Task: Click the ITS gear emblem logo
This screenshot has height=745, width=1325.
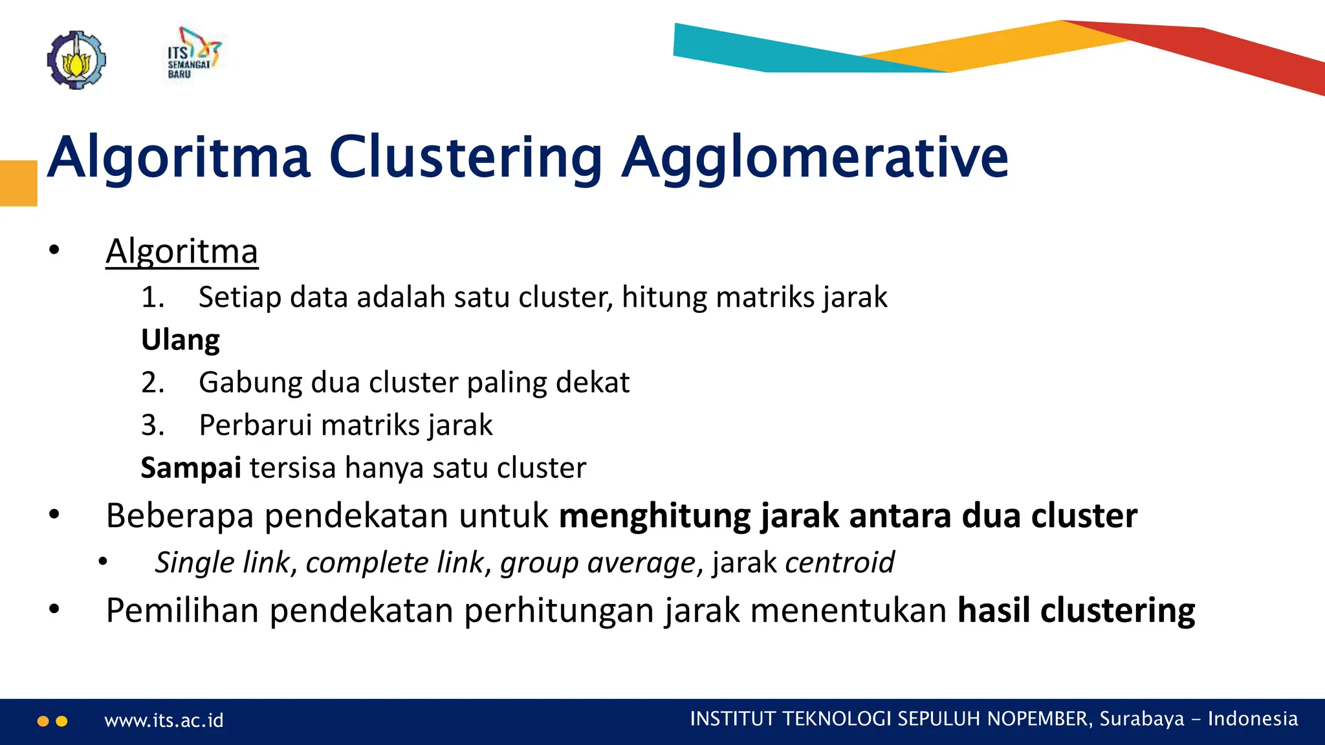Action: tap(76, 59)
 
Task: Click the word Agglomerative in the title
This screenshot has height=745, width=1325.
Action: tap(815, 157)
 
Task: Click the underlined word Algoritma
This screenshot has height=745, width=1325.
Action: tap(182, 252)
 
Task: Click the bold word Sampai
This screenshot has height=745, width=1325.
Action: tap(191, 468)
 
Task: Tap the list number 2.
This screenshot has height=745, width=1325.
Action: tap(152, 383)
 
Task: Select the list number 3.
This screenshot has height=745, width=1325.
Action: tap(152, 426)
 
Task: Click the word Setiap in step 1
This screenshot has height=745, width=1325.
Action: tap(239, 297)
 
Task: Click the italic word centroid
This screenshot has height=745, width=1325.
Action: tap(839, 563)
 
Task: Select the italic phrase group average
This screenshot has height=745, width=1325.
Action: tap(597, 563)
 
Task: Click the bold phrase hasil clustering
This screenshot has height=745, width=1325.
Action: tap(1076, 610)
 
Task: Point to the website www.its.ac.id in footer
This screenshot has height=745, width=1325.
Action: tap(164, 720)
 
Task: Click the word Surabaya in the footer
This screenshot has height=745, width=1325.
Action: tap(1141, 719)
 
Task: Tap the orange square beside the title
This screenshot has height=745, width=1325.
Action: tap(18, 183)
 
